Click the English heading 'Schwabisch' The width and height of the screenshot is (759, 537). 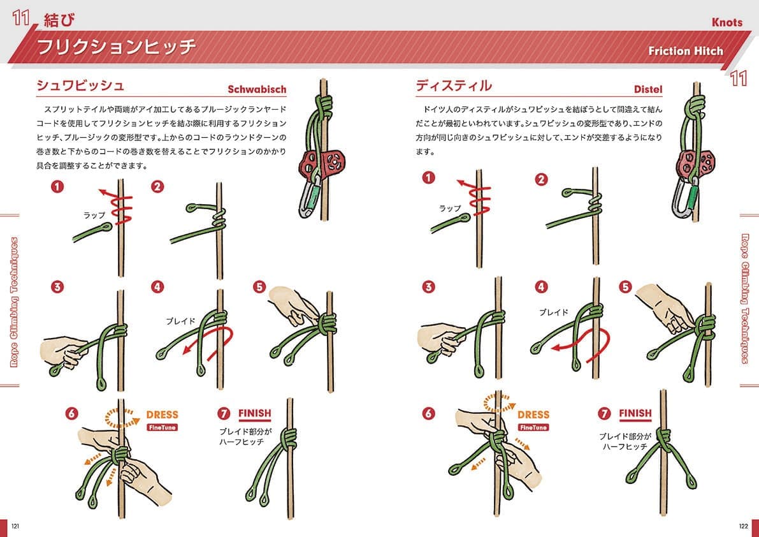(257, 89)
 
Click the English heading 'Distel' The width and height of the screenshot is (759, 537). (648, 89)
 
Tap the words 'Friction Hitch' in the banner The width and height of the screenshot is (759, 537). (686, 51)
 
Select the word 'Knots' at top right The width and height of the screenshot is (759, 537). (726, 22)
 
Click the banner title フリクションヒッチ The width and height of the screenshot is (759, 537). (116, 47)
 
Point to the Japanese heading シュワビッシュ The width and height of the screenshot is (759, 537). (80, 85)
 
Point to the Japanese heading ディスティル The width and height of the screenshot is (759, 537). (454, 85)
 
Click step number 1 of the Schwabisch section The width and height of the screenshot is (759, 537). (57, 186)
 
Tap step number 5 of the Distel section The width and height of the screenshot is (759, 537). (625, 287)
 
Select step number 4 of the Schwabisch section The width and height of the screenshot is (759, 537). (157, 287)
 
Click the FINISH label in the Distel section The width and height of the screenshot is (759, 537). (635, 413)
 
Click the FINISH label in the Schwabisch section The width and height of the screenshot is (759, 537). (255, 413)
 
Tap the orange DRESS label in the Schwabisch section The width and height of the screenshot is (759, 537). (162, 415)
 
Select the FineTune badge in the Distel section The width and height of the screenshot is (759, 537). (533, 427)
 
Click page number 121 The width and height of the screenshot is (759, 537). (15, 527)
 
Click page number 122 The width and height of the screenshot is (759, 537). (743, 527)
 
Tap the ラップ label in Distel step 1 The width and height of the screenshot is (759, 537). (450, 208)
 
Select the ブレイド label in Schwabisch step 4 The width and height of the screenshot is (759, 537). (180, 321)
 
